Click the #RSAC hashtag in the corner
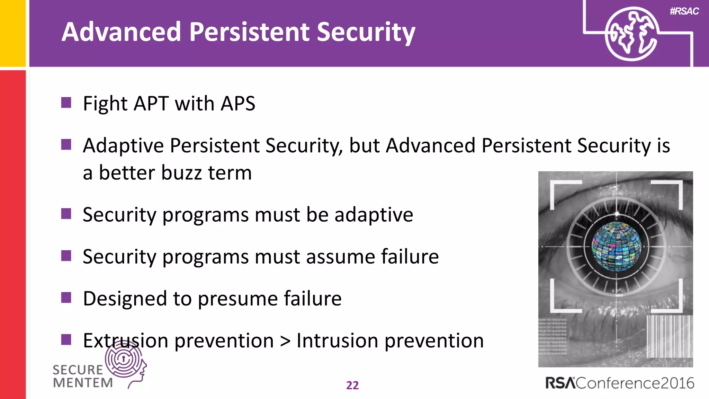[684, 11]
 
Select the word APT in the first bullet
[151, 104]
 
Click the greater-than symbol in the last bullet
[285, 341]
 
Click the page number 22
[352, 385]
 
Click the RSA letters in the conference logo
[560, 383]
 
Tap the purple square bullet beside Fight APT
[66, 103]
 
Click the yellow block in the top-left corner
[12, 33]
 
